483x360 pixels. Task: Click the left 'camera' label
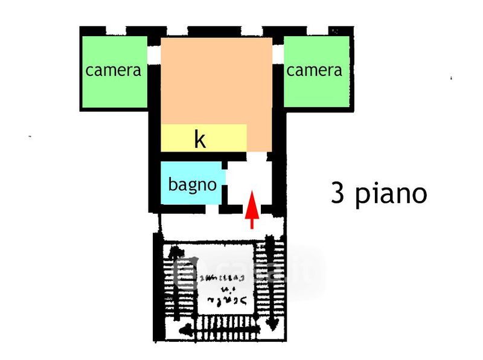pos(114,70)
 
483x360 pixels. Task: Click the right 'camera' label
pos(314,70)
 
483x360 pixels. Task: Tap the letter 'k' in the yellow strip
pos(199,140)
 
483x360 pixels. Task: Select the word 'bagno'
pos(192,184)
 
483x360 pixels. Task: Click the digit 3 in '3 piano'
pos(337,194)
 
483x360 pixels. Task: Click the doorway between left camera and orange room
pos(154,54)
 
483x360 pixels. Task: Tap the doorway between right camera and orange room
pos(278,54)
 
